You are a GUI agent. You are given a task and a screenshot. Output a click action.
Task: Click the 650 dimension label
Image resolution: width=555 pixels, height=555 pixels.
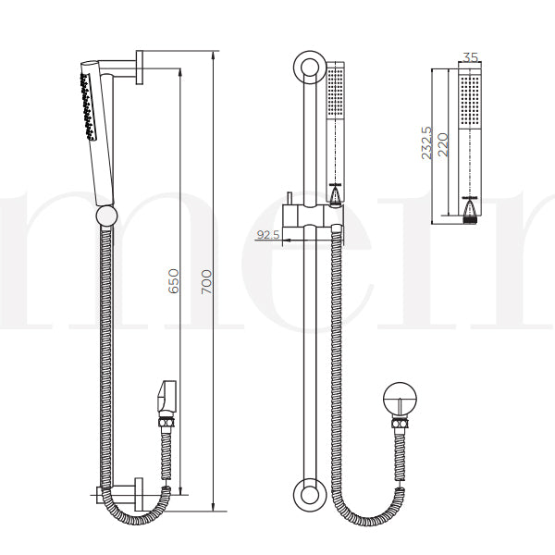click(x=172, y=281)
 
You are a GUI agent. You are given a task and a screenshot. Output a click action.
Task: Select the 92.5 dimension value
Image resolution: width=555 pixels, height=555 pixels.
click(x=268, y=235)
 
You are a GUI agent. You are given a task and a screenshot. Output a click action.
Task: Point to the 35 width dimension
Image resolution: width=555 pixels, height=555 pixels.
click(x=470, y=57)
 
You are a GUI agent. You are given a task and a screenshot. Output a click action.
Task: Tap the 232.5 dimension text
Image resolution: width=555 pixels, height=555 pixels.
click(x=426, y=143)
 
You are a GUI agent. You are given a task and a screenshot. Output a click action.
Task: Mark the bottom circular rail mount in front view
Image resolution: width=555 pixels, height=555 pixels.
click(x=306, y=494)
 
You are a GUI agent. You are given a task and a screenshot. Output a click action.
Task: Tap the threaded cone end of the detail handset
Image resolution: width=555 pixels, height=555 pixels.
click(x=470, y=212)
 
